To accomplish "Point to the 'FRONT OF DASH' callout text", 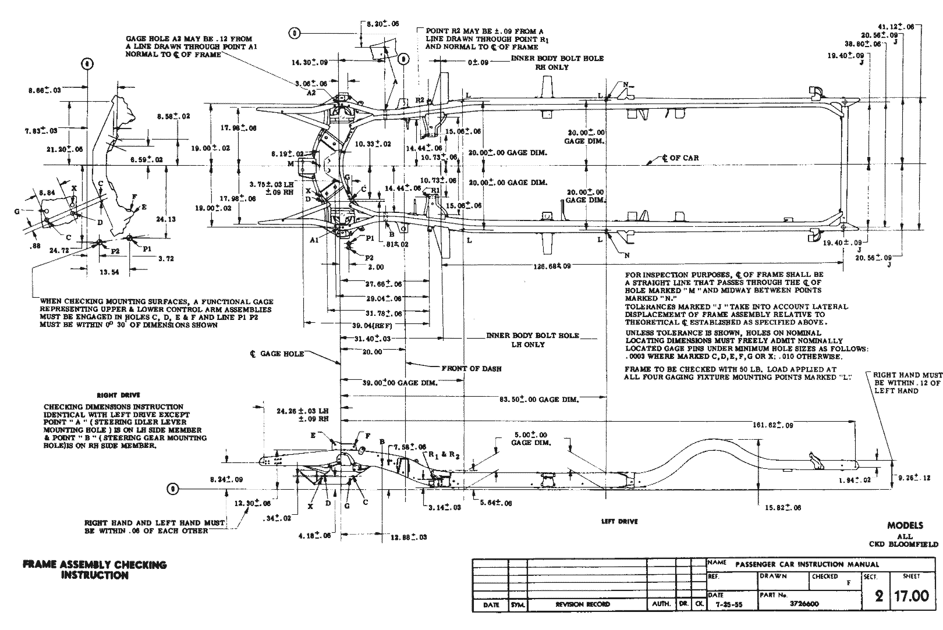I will [x=471, y=368].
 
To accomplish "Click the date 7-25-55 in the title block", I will [x=728, y=604].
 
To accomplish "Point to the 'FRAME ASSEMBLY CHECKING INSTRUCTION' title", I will [x=94, y=570].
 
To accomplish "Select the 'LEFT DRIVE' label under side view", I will [x=619, y=522].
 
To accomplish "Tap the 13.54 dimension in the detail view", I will [x=109, y=272].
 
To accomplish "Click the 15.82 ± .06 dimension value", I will [x=783, y=508].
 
